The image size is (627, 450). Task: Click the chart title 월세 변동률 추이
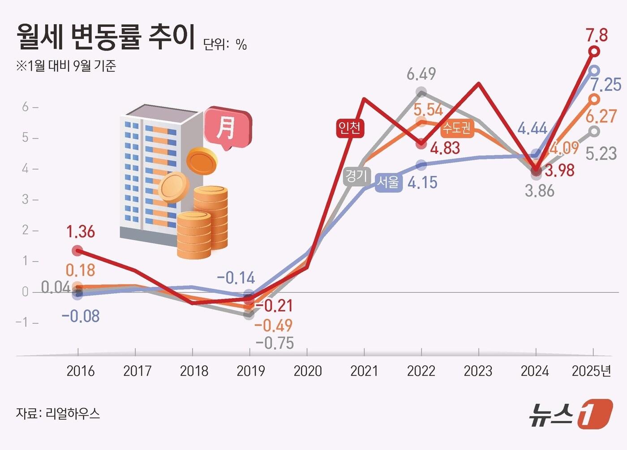106,37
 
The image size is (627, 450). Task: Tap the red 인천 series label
349,128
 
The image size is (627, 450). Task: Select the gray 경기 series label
356,176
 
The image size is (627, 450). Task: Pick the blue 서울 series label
388,182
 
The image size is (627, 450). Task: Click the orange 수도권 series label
457,129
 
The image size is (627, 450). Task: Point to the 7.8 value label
597,35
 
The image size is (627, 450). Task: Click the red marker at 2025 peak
594,51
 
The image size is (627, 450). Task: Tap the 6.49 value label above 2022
421,74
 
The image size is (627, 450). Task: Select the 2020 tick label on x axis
308,371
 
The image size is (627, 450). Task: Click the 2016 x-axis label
81,371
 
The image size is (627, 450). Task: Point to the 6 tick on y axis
26,107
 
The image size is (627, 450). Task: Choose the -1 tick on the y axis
22,322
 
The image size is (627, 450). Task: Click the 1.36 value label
81,232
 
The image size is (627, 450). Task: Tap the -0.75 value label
275,343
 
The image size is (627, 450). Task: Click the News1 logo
571,414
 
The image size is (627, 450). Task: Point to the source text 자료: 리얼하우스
58,413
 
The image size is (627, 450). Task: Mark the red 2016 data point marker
77,250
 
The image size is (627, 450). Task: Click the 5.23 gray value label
601,154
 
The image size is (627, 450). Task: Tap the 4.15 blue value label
422,183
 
